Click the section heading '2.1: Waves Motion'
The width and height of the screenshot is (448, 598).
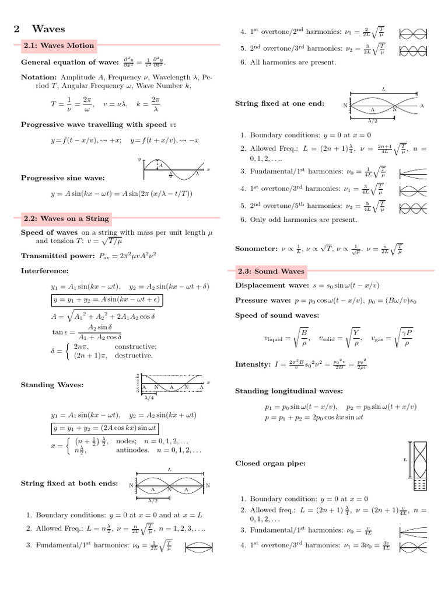coord(58,45)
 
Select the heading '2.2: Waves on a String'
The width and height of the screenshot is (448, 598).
coord(66,218)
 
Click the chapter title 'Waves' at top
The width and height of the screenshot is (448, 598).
coord(48,29)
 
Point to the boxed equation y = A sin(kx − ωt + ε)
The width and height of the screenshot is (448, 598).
coord(107,300)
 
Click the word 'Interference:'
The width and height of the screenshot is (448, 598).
coord(45,270)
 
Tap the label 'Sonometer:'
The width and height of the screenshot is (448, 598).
coord(256,248)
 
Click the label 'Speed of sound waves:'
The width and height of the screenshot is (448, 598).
coord(277,315)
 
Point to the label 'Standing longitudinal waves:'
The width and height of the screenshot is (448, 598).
coord(289,391)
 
